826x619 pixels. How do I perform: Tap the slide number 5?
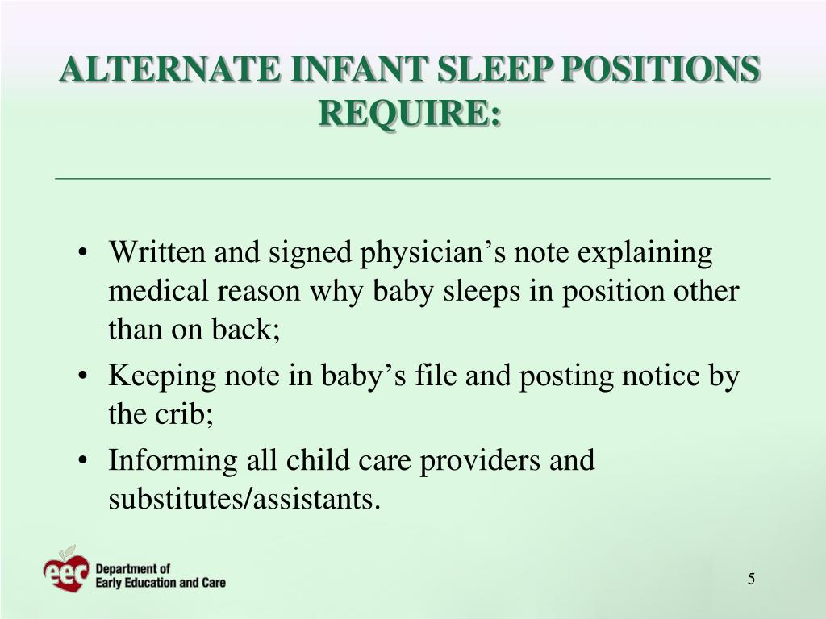751,579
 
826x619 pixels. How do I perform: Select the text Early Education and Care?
161,582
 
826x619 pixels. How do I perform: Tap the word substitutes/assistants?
244,500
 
